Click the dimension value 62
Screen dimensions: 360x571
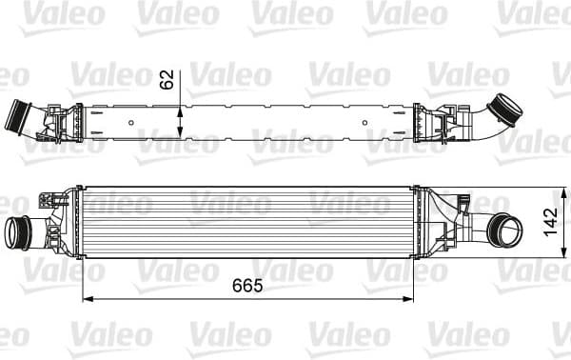pyautogui.click(x=167, y=79)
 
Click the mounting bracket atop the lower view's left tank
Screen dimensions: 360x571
pyautogui.click(x=45, y=200)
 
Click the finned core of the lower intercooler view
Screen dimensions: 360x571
pyautogui.click(x=247, y=223)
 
